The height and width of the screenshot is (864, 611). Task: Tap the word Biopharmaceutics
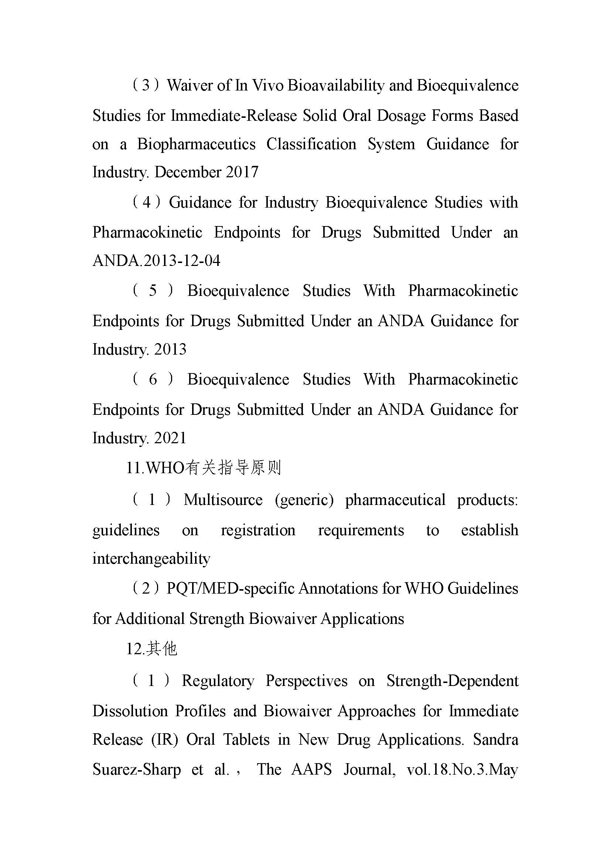[x=196, y=144]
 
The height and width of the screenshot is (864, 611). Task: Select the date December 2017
[x=206, y=173]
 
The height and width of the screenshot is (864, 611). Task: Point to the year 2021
[x=170, y=438]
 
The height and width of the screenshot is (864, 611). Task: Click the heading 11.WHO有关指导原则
[x=204, y=468]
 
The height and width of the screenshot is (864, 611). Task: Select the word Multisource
[x=223, y=500]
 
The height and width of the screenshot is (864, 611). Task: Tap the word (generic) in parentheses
[x=304, y=500]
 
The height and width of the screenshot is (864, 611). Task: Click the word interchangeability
[x=151, y=559]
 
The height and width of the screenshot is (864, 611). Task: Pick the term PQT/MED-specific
[x=230, y=588]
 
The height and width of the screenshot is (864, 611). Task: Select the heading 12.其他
[x=151, y=649]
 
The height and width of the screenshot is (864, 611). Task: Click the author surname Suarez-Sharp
[x=137, y=769]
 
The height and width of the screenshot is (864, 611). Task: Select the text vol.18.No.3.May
[x=462, y=769]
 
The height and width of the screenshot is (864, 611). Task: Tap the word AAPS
[x=311, y=769]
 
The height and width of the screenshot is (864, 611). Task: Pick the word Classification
[x=311, y=144]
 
